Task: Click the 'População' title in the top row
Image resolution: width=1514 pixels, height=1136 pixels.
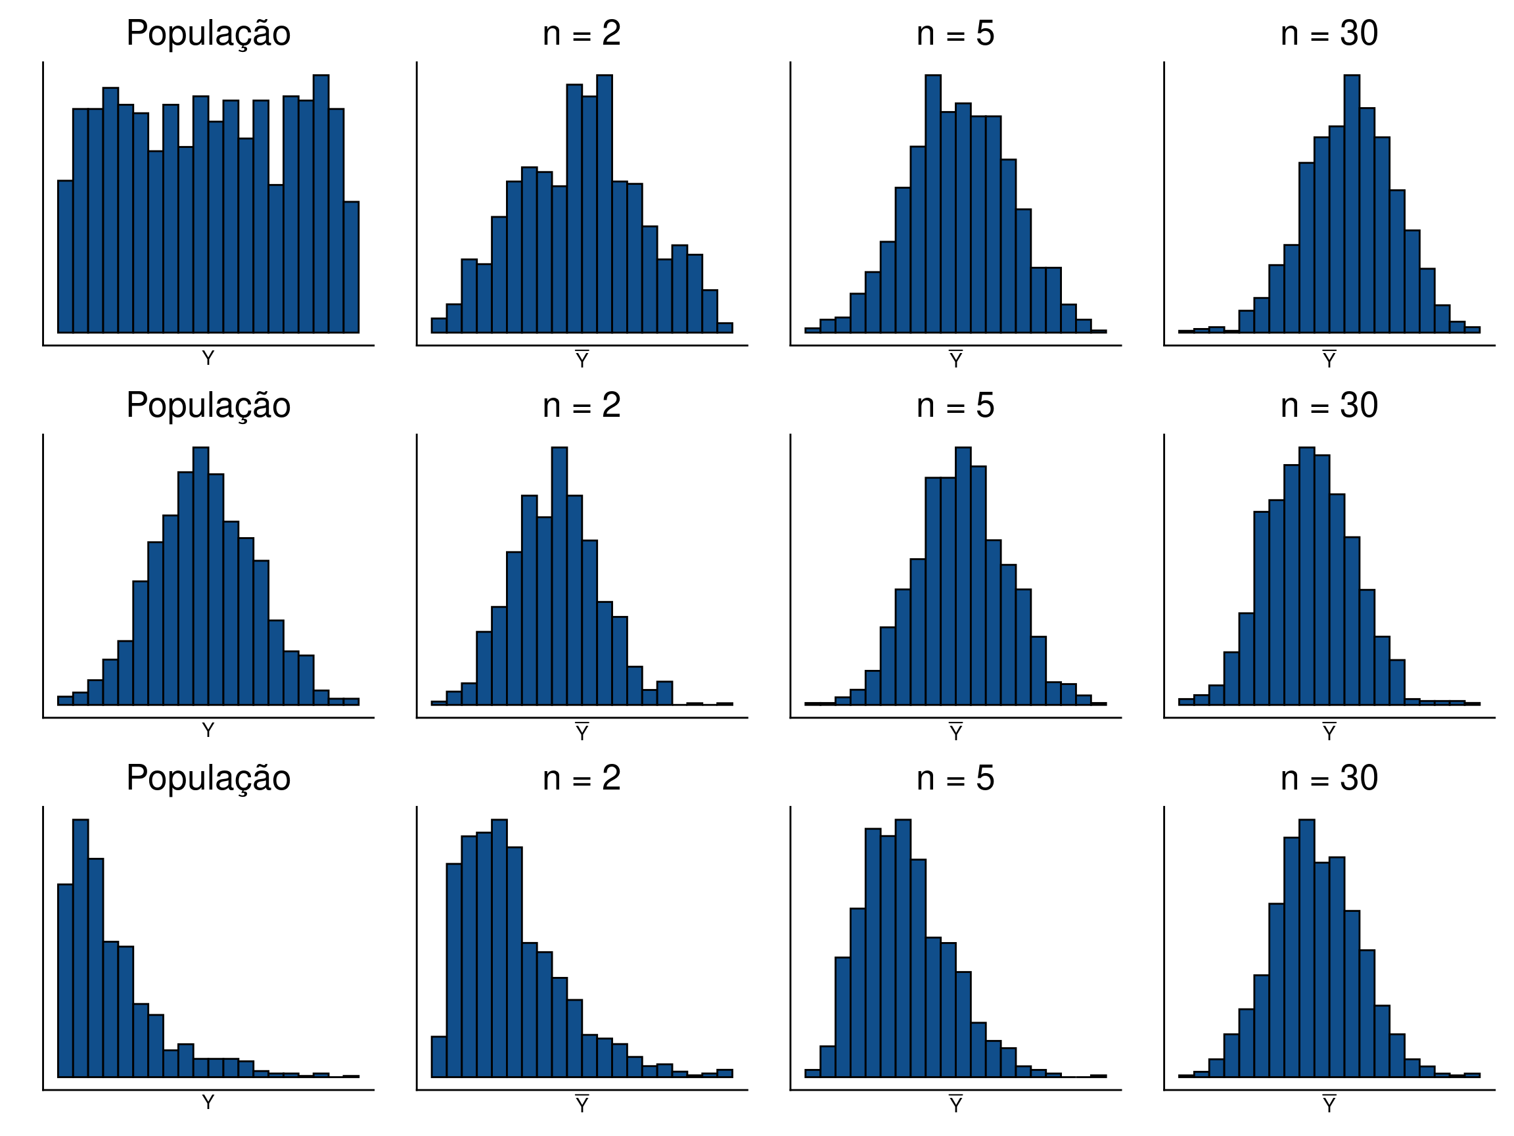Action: (208, 34)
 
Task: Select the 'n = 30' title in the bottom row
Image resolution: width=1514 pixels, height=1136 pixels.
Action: (1329, 778)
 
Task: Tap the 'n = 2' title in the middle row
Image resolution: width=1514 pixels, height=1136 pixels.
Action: (581, 406)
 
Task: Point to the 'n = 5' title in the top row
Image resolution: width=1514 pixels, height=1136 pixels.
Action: (955, 34)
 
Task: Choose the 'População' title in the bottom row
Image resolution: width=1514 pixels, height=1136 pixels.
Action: (208, 778)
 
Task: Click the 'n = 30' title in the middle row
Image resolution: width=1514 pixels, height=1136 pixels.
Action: (1329, 406)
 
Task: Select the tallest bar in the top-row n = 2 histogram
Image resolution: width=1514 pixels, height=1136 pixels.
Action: (604, 205)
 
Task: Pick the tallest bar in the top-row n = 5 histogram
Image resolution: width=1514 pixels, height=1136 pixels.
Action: (932, 205)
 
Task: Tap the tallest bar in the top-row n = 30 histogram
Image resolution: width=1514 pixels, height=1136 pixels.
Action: (1351, 205)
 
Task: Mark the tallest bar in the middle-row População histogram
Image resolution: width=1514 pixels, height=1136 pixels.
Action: (200, 575)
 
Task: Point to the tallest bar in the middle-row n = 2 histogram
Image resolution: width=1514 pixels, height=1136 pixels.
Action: (559, 575)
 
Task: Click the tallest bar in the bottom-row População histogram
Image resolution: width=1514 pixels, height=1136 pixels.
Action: (80, 949)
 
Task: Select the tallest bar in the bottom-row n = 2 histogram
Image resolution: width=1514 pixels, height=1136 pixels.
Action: (499, 949)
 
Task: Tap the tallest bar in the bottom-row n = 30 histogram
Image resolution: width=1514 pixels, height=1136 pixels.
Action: (1306, 949)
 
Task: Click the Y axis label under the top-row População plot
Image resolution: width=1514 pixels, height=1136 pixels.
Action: (208, 358)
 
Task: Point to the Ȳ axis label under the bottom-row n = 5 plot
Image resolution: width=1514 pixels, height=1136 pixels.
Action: (955, 1104)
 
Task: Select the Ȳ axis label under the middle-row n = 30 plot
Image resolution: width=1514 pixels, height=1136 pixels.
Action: (1329, 732)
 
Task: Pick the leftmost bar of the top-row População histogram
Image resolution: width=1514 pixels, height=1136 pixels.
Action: (65, 257)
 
